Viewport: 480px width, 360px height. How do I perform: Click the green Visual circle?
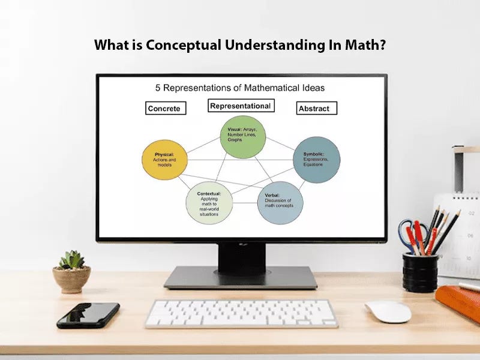242,137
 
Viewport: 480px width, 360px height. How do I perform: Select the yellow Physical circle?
164,161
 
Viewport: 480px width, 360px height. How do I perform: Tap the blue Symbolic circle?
317,160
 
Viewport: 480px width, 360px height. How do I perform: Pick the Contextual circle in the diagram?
209,205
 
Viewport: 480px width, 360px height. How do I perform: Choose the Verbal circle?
280,203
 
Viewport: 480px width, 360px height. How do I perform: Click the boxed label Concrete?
166,109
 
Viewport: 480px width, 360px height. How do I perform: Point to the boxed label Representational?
241,106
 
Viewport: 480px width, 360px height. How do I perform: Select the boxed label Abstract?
317,109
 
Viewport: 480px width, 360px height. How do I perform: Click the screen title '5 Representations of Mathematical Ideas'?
240,88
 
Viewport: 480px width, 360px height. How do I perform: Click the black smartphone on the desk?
88,315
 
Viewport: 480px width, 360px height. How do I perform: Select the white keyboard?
241,313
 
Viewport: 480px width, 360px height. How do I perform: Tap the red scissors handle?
409,232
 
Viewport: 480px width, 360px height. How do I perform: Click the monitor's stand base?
241,278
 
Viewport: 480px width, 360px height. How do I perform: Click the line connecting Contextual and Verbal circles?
245,203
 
